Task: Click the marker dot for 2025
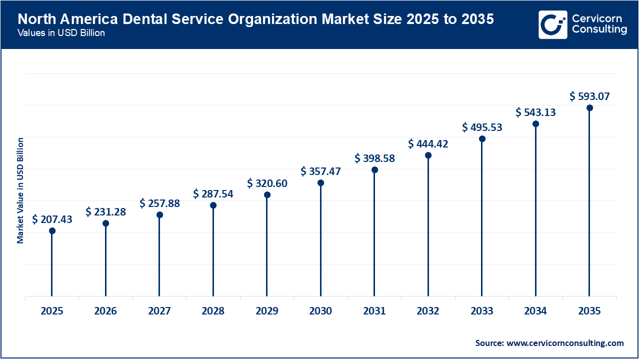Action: [52, 231]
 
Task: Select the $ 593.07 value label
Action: [589, 96]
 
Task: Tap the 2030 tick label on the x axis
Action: [320, 311]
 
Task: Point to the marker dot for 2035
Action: [589, 108]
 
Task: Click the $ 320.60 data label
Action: [267, 183]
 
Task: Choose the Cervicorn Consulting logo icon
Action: [552, 24]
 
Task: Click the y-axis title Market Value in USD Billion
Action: [20, 190]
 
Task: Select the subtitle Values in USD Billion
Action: [61, 33]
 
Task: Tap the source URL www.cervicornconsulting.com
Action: [565, 343]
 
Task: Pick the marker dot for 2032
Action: [428, 155]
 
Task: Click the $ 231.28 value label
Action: [105, 212]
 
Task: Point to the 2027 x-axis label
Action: [159, 311]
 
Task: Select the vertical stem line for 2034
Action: [535, 210]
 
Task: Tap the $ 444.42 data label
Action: [428, 144]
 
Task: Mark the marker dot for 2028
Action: [213, 205]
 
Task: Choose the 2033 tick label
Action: [482, 311]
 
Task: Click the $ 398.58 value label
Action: [374, 158]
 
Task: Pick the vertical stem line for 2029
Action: [267, 245]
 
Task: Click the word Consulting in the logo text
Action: [599, 29]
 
